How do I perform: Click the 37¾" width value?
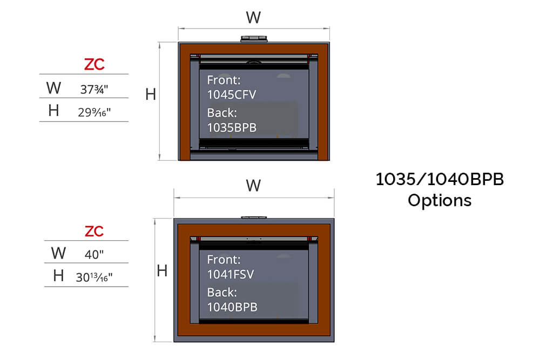[x=94, y=90]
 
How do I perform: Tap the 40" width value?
[x=94, y=254]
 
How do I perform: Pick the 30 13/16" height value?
[x=94, y=277]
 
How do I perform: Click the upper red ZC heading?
[x=94, y=65]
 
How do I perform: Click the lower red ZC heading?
[x=94, y=231]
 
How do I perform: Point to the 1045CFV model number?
[x=232, y=95]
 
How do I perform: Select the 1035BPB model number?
[x=232, y=128]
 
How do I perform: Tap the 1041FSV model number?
[x=231, y=274]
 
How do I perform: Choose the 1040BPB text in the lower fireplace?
[x=232, y=307]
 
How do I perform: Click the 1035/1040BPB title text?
[x=440, y=180]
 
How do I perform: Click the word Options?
[x=440, y=200]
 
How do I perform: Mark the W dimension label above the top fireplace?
[x=253, y=18]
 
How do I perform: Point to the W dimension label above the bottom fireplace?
[x=253, y=186]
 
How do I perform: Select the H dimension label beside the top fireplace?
[x=151, y=95]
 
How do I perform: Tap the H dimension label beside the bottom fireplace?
[x=162, y=271]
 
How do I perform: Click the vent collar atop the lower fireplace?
[x=253, y=216]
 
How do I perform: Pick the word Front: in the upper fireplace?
[x=224, y=80]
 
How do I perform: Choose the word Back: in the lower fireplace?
[x=222, y=293]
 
